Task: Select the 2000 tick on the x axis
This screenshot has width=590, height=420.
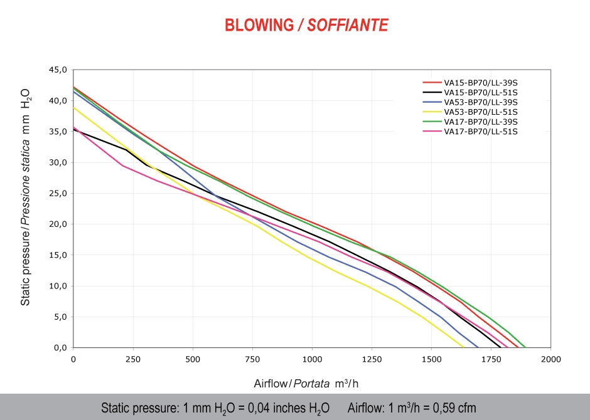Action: pos(550,359)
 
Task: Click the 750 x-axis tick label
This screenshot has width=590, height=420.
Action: pos(252,359)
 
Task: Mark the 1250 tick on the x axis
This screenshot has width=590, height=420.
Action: pos(372,359)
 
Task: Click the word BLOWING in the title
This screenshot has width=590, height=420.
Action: pos(259,25)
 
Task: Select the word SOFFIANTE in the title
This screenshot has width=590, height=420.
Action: pos(348,25)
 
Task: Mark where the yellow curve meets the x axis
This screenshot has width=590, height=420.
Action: pos(464,347)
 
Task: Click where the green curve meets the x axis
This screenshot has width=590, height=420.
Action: pos(526,347)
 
